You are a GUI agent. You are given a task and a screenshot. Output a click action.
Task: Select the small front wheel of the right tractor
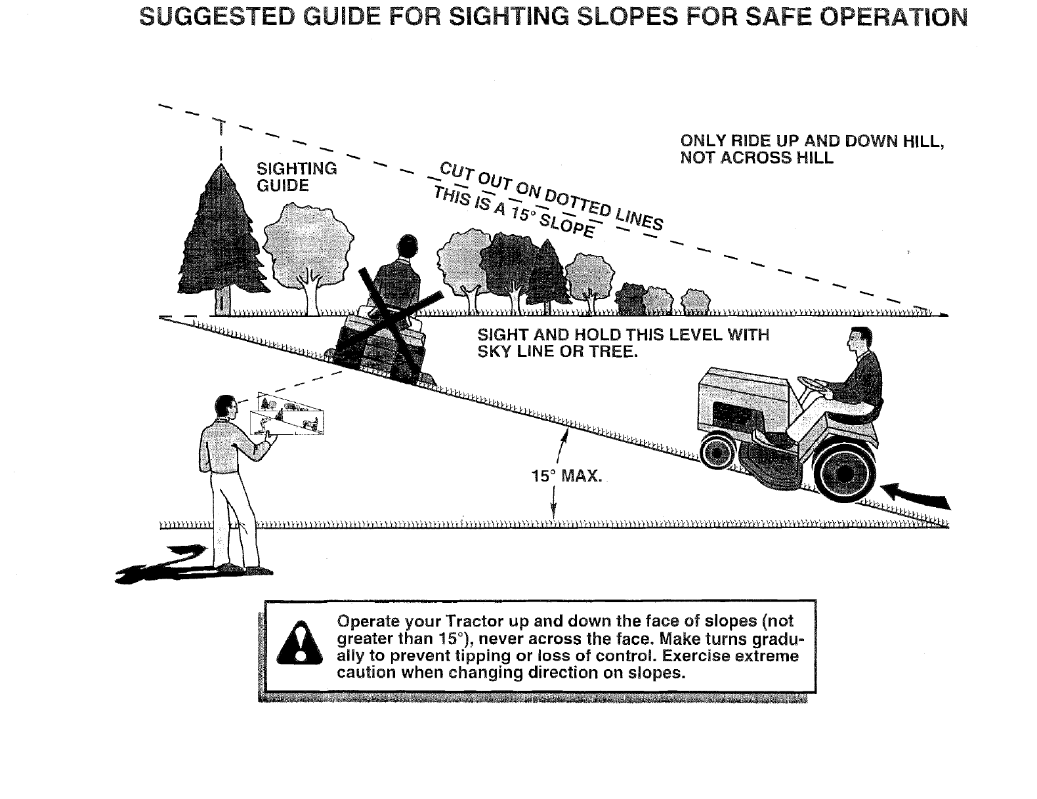click(717, 451)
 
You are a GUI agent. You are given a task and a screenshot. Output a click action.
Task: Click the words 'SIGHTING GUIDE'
click(295, 177)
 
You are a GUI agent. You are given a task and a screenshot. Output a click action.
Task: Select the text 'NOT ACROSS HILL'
click(756, 158)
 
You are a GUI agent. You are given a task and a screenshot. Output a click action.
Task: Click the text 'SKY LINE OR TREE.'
click(557, 352)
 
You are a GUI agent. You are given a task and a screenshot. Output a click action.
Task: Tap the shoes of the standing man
click(240, 567)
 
